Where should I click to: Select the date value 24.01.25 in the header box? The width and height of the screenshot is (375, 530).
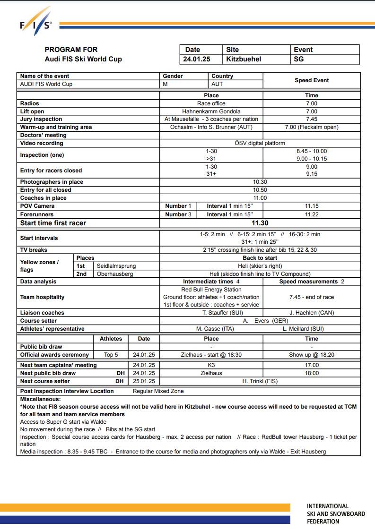pos(197,60)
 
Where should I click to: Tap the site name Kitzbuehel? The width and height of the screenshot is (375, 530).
pos(244,60)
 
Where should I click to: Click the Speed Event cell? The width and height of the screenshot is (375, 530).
pos(312,80)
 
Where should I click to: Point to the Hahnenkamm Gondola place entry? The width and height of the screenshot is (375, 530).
pos(211,111)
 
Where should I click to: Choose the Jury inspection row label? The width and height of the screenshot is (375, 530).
pos(41,120)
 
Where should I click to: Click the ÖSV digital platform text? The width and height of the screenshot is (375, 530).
pos(260,143)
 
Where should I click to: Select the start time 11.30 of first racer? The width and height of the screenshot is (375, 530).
pos(260,223)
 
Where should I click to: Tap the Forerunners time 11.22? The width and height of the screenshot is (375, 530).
pos(312,214)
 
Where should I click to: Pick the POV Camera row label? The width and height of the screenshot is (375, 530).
pos(37,206)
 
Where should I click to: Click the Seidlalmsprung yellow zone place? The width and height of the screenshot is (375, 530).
pos(116,266)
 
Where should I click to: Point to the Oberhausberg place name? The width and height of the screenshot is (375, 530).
pos(115,274)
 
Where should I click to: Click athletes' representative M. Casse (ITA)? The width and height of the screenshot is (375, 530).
pos(215,329)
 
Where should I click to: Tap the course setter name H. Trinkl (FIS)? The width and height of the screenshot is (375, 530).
pos(260,381)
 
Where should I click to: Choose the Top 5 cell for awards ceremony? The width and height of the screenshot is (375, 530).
pos(111,355)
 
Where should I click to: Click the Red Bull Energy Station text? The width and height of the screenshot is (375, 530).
pos(211,290)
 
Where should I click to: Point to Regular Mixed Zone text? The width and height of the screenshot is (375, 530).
pos(158,391)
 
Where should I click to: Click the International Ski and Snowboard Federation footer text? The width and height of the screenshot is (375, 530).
pos(336,513)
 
